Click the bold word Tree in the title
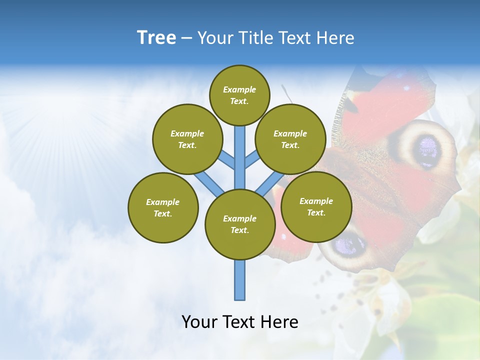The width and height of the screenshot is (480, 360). (156, 38)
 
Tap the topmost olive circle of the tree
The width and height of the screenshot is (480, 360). (239, 95)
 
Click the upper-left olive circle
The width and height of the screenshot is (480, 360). (187, 139)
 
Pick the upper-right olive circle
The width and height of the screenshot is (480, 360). (290, 139)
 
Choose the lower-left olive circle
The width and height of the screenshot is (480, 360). (163, 207)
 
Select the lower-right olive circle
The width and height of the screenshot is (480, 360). (316, 206)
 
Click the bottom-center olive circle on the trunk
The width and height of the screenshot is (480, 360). (240, 224)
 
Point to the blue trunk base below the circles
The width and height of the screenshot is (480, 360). (240, 280)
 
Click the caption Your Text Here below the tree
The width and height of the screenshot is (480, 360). (240, 322)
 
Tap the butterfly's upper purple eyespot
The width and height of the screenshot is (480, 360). (427, 148)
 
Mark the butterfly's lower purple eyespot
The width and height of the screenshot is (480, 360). (349, 244)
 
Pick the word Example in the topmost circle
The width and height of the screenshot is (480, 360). (239, 89)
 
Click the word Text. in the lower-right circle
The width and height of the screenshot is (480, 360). (316, 212)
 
